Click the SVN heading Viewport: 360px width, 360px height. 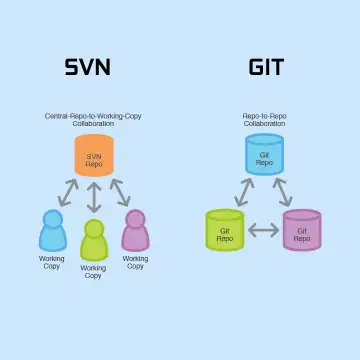pos(87,67)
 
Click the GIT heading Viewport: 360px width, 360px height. pos(266,67)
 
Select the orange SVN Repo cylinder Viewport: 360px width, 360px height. pos(94,155)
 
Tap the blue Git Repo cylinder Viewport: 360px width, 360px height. pos(265,154)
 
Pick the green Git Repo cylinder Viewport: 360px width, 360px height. pos(225,230)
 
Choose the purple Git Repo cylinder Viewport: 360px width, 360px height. pos(302,230)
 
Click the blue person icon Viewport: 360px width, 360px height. pos(53,230)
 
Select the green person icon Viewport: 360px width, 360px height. pos(94,240)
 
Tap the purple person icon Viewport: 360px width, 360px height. pos(135,230)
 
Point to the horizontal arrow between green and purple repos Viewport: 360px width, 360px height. pos(264,230)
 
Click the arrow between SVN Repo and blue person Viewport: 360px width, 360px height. pos(68,193)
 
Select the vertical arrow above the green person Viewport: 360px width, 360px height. pos(94,197)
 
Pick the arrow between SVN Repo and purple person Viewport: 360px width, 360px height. pos(120,193)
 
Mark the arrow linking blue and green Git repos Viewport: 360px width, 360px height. pos(244,192)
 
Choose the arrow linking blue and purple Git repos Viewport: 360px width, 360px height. pos(283,192)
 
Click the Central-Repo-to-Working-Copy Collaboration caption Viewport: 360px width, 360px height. pos(93,120)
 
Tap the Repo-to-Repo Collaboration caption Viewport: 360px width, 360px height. pos(265,120)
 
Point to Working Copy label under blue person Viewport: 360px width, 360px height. pos(52,263)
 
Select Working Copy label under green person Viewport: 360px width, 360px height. pos(93,272)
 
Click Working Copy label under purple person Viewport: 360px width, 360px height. pos(135,263)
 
